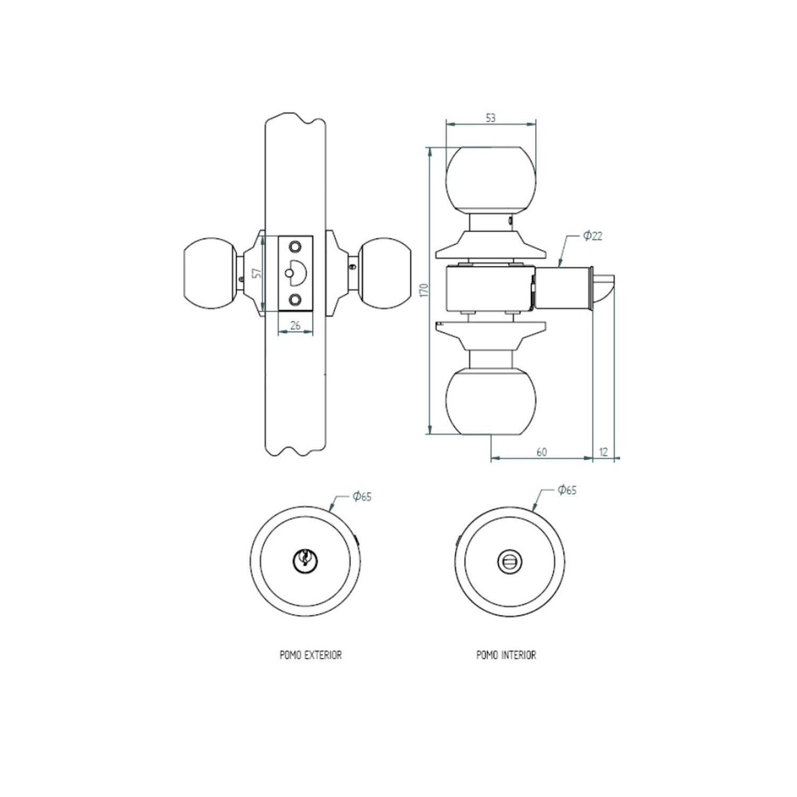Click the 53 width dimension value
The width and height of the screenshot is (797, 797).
click(x=490, y=118)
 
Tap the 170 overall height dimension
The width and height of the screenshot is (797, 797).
click(x=423, y=290)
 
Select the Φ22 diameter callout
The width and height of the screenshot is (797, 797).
click(x=592, y=236)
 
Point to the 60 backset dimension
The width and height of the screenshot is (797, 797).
click(x=541, y=452)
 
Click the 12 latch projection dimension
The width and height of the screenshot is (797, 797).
click(x=603, y=452)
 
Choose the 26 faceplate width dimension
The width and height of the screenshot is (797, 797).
click(x=296, y=326)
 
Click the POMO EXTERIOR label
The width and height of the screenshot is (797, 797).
click(x=311, y=655)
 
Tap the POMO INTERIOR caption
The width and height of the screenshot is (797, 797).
click(x=506, y=655)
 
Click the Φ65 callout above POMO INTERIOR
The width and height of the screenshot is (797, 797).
click(x=567, y=490)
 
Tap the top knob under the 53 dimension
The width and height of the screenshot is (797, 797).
click(x=490, y=180)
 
